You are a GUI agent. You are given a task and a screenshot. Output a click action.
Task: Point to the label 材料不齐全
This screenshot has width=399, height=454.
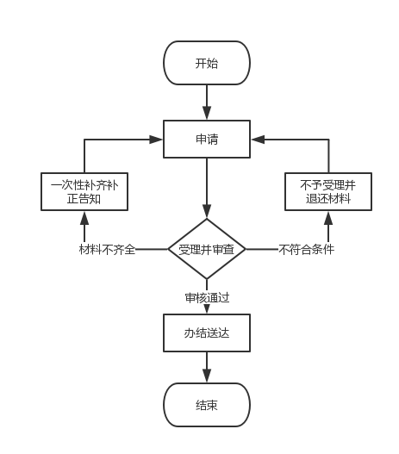tap(107, 249)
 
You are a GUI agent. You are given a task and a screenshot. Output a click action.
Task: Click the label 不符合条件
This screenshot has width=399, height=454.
tap(306, 249)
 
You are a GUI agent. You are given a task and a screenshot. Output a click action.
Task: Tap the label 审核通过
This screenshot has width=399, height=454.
tap(208, 298)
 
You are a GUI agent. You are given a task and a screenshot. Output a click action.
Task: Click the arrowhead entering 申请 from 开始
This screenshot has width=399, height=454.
tap(207, 113)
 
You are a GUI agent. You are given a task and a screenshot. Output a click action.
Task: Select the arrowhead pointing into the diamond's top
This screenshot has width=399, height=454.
tap(207, 211)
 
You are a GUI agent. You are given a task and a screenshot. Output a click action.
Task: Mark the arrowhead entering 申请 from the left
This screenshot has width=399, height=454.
tap(156, 140)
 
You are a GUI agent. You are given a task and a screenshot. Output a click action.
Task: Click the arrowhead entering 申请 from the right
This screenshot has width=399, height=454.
tap(258, 140)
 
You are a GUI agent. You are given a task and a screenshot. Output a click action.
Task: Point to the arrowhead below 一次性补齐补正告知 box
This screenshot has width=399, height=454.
tap(84, 218)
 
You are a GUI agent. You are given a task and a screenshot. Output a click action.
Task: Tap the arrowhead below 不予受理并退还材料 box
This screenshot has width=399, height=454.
tap(328, 218)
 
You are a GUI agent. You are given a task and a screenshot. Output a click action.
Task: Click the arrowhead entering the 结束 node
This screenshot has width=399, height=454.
tap(207, 376)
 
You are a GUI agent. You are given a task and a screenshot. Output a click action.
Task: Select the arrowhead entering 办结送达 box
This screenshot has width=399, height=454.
tap(207, 309)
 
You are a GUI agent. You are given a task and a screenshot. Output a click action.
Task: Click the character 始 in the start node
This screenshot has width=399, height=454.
tap(212, 63)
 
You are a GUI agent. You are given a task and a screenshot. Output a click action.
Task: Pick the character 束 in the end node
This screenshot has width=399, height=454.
tap(212, 405)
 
